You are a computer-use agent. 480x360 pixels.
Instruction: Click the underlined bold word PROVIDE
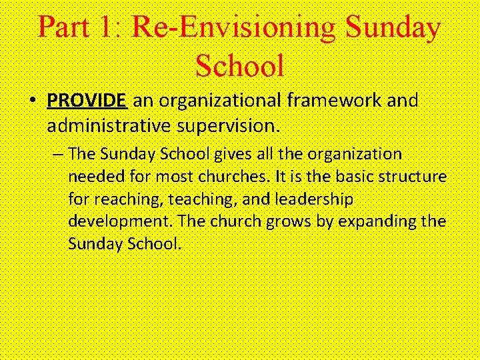(87, 101)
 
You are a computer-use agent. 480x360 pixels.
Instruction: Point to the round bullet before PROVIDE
(32, 101)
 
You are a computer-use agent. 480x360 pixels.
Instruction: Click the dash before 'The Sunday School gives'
(59, 155)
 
